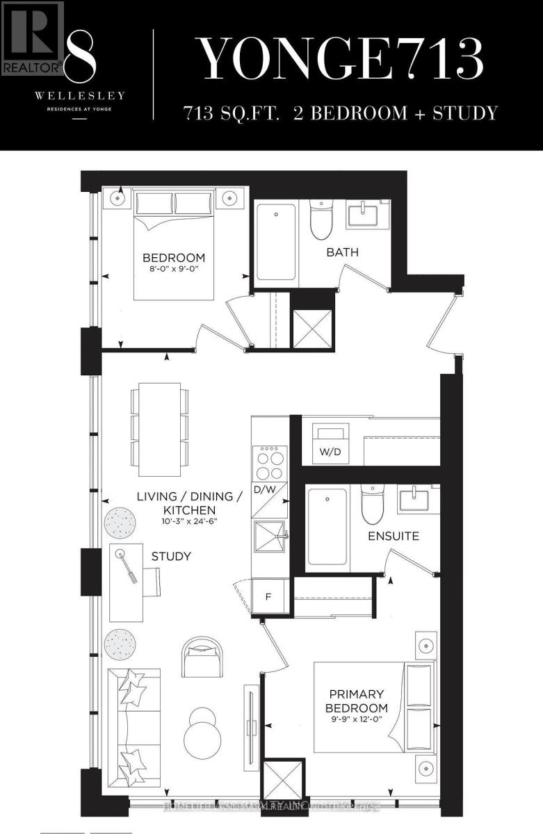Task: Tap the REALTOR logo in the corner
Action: (32, 39)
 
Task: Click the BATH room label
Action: (343, 252)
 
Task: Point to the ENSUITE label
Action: (393, 536)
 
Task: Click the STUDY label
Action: (171, 557)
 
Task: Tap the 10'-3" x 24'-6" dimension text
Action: (189, 521)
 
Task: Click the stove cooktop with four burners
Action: (269, 461)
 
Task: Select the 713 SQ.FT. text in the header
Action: (230, 113)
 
